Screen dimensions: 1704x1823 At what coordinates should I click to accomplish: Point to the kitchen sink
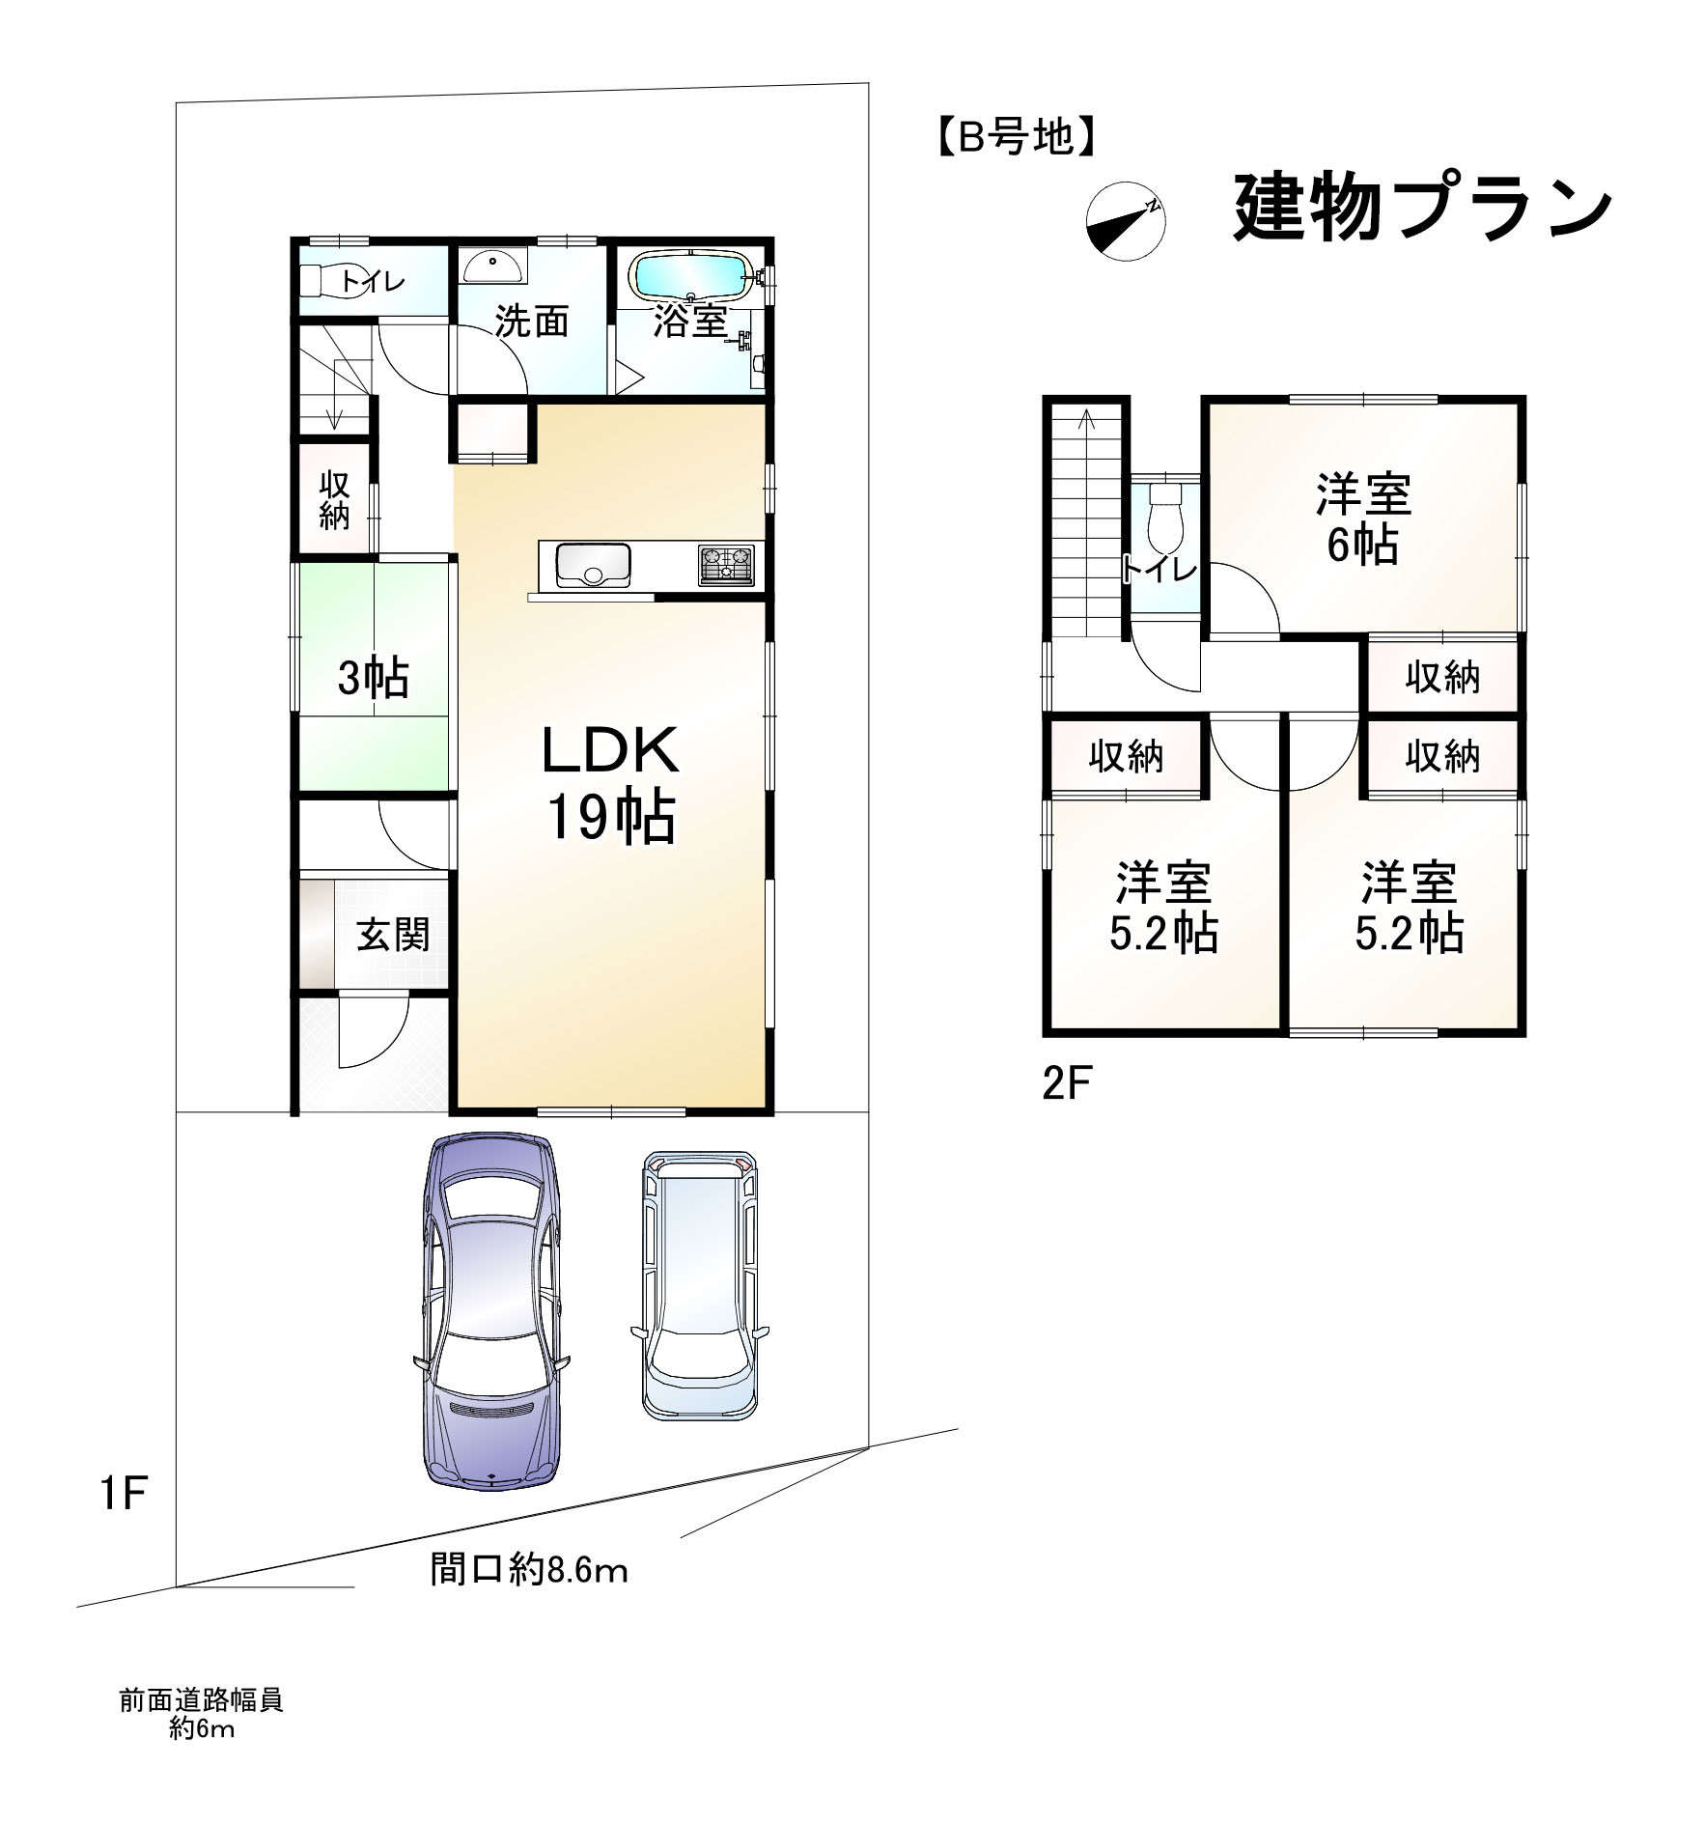coord(592,564)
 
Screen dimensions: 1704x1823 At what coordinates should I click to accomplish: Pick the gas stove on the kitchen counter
coord(726,565)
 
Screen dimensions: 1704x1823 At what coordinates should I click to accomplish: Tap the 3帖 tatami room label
coord(373,680)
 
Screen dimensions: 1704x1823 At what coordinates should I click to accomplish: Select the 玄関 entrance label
coord(393,935)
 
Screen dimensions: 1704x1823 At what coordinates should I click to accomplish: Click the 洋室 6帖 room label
coord(1363,519)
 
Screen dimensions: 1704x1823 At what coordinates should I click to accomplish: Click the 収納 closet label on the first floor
coord(334,501)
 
